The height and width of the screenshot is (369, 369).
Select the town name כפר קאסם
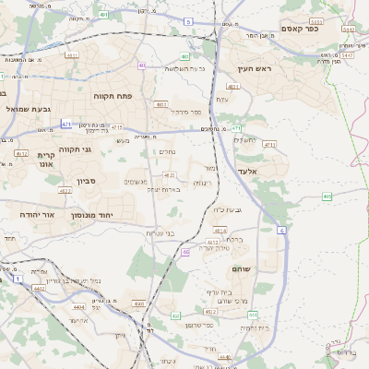[x=301, y=29]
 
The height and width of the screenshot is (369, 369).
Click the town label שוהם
[x=269, y=269]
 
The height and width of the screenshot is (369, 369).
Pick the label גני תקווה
[x=73, y=149]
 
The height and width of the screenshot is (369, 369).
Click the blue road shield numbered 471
[x=66, y=124]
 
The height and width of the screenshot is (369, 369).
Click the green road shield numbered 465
[x=327, y=196]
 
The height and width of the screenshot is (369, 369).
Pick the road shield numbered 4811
[x=161, y=104]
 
